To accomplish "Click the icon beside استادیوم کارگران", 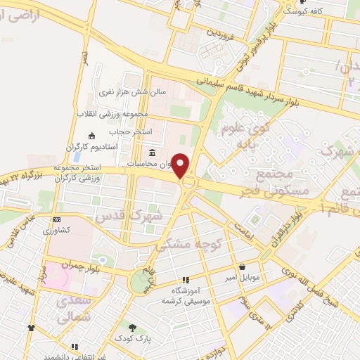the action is coord(91,136).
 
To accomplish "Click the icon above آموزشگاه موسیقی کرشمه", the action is coord(186,280).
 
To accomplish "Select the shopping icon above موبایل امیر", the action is coord(243,267).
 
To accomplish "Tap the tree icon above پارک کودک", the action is coord(132,328).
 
